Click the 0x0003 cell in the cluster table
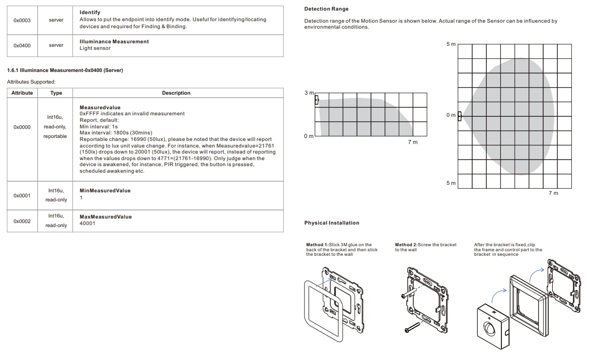[x=22, y=20]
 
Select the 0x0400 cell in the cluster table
[x=22, y=45]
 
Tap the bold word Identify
[x=90, y=12]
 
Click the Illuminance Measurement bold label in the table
[x=114, y=42]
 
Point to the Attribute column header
[x=22, y=93]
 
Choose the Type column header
[x=56, y=93]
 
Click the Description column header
[x=176, y=93]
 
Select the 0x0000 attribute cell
[x=22, y=127]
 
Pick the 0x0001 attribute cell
[x=22, y=195]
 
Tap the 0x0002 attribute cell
[x=22, y=221]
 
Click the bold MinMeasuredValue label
[x=105, y=191]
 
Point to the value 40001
[x=88, y=223]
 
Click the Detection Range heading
[x=326, y=9]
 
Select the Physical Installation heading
[x=332, y=223]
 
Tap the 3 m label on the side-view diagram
[x=309, y=93]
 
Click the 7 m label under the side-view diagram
[x=412, y=142]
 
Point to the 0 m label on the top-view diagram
[x=451, y=115]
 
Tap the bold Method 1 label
[x=317, y=245]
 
